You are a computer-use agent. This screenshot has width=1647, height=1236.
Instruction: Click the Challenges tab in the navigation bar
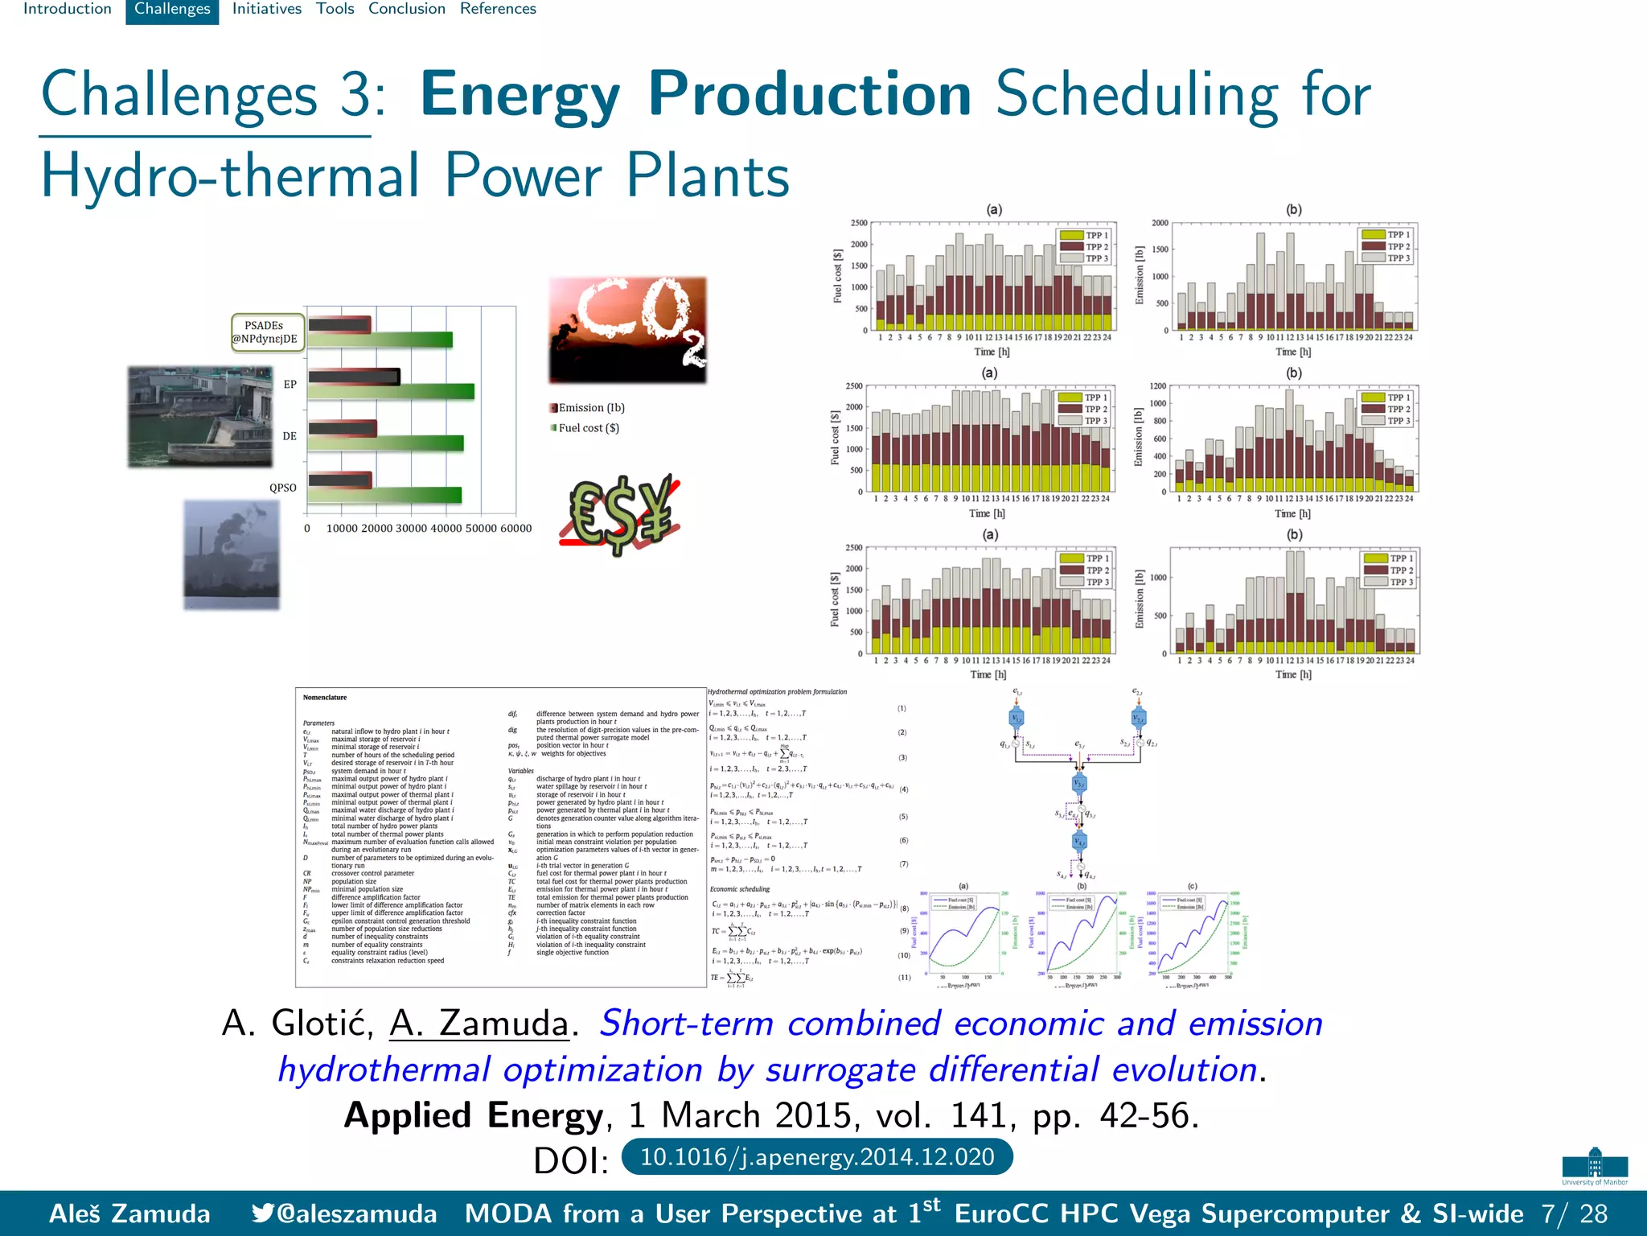172,10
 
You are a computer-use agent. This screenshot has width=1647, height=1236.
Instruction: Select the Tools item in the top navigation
335,10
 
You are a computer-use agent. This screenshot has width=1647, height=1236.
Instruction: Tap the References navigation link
498,10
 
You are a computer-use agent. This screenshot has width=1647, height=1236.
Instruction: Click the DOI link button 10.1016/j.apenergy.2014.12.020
816,1157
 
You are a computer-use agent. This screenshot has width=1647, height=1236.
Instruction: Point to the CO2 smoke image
627,330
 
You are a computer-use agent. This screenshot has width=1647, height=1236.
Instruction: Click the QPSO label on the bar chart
282,488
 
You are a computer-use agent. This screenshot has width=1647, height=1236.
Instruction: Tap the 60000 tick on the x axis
515,529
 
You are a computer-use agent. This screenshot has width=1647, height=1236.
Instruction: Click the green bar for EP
391,392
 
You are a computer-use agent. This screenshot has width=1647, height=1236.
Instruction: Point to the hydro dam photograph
199,416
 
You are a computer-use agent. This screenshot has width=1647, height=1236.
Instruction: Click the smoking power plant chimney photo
231,554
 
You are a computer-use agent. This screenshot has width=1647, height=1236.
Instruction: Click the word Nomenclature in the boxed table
325,698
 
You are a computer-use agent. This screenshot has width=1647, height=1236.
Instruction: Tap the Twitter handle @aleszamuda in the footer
345,1213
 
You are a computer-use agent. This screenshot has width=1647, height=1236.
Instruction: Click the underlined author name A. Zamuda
479,1024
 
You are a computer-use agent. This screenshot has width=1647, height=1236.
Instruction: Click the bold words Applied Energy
473,1115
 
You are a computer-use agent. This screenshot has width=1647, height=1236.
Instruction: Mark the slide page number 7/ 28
1574,1213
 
